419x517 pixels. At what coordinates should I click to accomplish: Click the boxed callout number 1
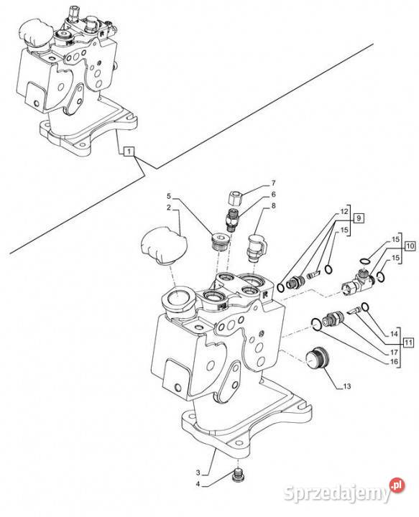(x=129, y=152)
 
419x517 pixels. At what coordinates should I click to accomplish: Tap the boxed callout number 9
(x=359, y=218)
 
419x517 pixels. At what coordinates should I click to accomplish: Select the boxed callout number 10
(x=410, y=246)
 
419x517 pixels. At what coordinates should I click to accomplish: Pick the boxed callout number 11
(x=408, y=343)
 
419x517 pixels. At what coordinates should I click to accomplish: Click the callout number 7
(x=273, y=183)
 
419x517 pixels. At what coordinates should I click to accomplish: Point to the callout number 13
(x=346, y=386)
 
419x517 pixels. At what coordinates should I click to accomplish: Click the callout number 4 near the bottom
(x=198, y=485)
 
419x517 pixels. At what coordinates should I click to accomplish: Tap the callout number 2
(x=169, y=208)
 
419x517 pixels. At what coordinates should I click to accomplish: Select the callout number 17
(x=394, y=353)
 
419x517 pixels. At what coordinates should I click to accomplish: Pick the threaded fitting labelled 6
(x=232, y=220)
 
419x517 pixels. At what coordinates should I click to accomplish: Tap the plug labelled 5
(x=218, y=242)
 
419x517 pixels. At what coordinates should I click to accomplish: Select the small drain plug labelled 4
(x=236, y=473)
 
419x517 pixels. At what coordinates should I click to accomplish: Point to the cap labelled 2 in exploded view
(x=164, y=245)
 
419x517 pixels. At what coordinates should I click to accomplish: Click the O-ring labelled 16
(x=316, y=324)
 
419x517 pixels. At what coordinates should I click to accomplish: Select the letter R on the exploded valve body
(x=265, y=295)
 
